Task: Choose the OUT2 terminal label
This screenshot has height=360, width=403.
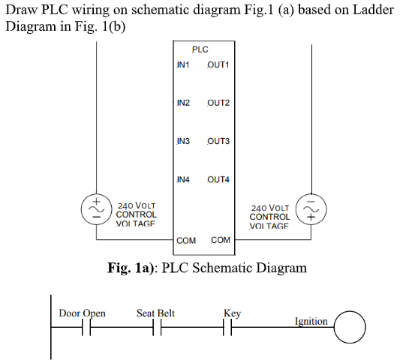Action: click(218, 102)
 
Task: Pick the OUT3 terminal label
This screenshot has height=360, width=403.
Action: click(218, 141)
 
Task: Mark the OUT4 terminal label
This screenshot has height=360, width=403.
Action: click(218, 180)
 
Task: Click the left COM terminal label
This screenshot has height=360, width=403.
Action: click(186, 241)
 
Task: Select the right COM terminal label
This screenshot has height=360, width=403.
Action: click(221, 241)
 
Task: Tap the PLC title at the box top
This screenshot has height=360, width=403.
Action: click(200, 49)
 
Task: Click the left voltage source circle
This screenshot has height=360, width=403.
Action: click(97, 208)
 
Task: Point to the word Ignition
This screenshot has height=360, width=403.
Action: click(311, 322)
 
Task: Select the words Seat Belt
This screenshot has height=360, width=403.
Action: click(155, 312)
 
